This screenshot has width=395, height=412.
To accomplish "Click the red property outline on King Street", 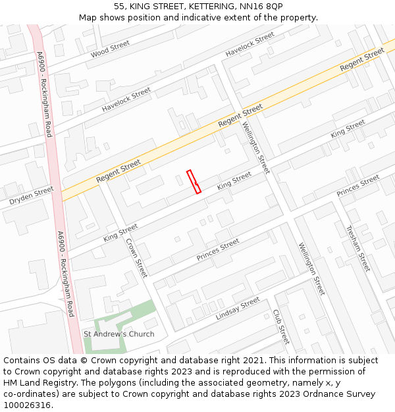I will tap(194, 181).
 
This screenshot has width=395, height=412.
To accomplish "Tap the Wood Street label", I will tap(111, 48).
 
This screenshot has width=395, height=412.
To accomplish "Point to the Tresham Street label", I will tap(358, 249).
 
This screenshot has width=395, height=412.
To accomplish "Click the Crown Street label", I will tap(136, 257).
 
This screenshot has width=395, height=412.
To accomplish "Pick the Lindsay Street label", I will tap(238, 309).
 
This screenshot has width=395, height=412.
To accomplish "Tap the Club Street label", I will tap(281, 326).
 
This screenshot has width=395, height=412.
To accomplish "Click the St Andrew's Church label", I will tap(119, 334).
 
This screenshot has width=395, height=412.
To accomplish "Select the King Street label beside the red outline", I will tap(234, 180).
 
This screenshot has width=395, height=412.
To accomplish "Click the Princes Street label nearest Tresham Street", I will tap(358, 185).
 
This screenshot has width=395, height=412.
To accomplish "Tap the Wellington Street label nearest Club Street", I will tap(311, 269).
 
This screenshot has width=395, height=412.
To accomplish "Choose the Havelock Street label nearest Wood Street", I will tap(126, 99).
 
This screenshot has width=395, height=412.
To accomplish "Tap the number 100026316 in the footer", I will tap(26, 405).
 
